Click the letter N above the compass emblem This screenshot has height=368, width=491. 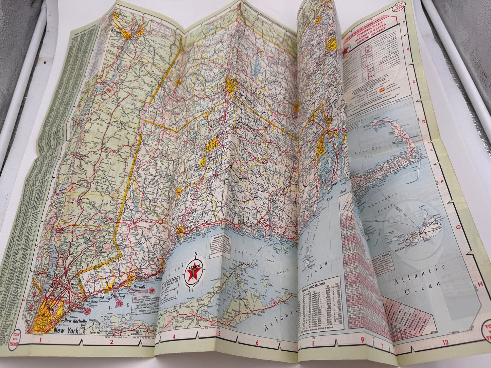click(x=196, y=254)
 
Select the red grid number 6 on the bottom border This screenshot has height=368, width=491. click(x=257, y=343)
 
